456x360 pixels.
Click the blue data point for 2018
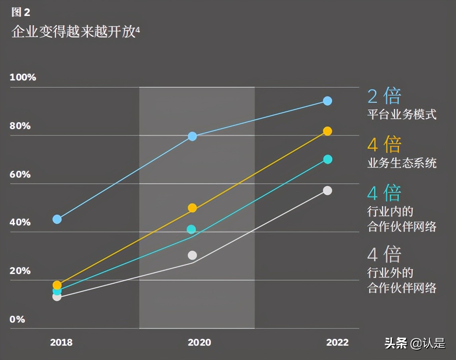(x=57, y=219)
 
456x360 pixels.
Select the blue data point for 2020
(x=192, y=137)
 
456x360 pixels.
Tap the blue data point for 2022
(x=327, y=101)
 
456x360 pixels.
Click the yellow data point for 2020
(x=192, y=208)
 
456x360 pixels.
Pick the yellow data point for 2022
(x=327, y=131)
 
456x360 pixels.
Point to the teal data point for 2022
(x=327, y=159)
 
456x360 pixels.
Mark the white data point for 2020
(x=192, y=255)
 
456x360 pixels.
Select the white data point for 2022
(x=327, y=190)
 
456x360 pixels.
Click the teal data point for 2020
(x=191, y=229)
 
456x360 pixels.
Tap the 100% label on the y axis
(x=23, y=77)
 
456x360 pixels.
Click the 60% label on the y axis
(x=20, y=174)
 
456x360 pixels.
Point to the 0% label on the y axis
(x=17, y=319)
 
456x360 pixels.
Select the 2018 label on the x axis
(x=61, y=342)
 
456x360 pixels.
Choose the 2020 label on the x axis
(x=199, y=342)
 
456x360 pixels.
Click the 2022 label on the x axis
(x=337, y=342)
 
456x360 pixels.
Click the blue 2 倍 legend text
(x=384, y=96)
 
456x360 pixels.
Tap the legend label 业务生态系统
(x=401, y=163)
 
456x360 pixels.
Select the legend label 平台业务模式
(x=401, y=115)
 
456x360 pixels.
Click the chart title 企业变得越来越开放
(x=74, y=32)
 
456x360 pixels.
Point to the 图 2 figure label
(x=21, y=12)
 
